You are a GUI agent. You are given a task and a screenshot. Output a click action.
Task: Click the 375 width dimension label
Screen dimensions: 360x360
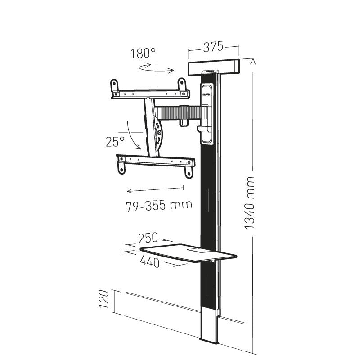(x=213, y=46)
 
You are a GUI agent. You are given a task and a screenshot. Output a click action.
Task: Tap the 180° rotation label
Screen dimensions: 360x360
(x=143, y=54)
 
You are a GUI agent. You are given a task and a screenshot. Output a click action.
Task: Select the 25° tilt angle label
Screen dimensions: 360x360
(x=115, y=142)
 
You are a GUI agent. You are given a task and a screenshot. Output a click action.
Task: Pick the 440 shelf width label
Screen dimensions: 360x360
(x=149, y=261)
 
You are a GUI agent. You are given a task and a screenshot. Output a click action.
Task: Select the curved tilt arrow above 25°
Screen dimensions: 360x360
(x=132, y=133)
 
